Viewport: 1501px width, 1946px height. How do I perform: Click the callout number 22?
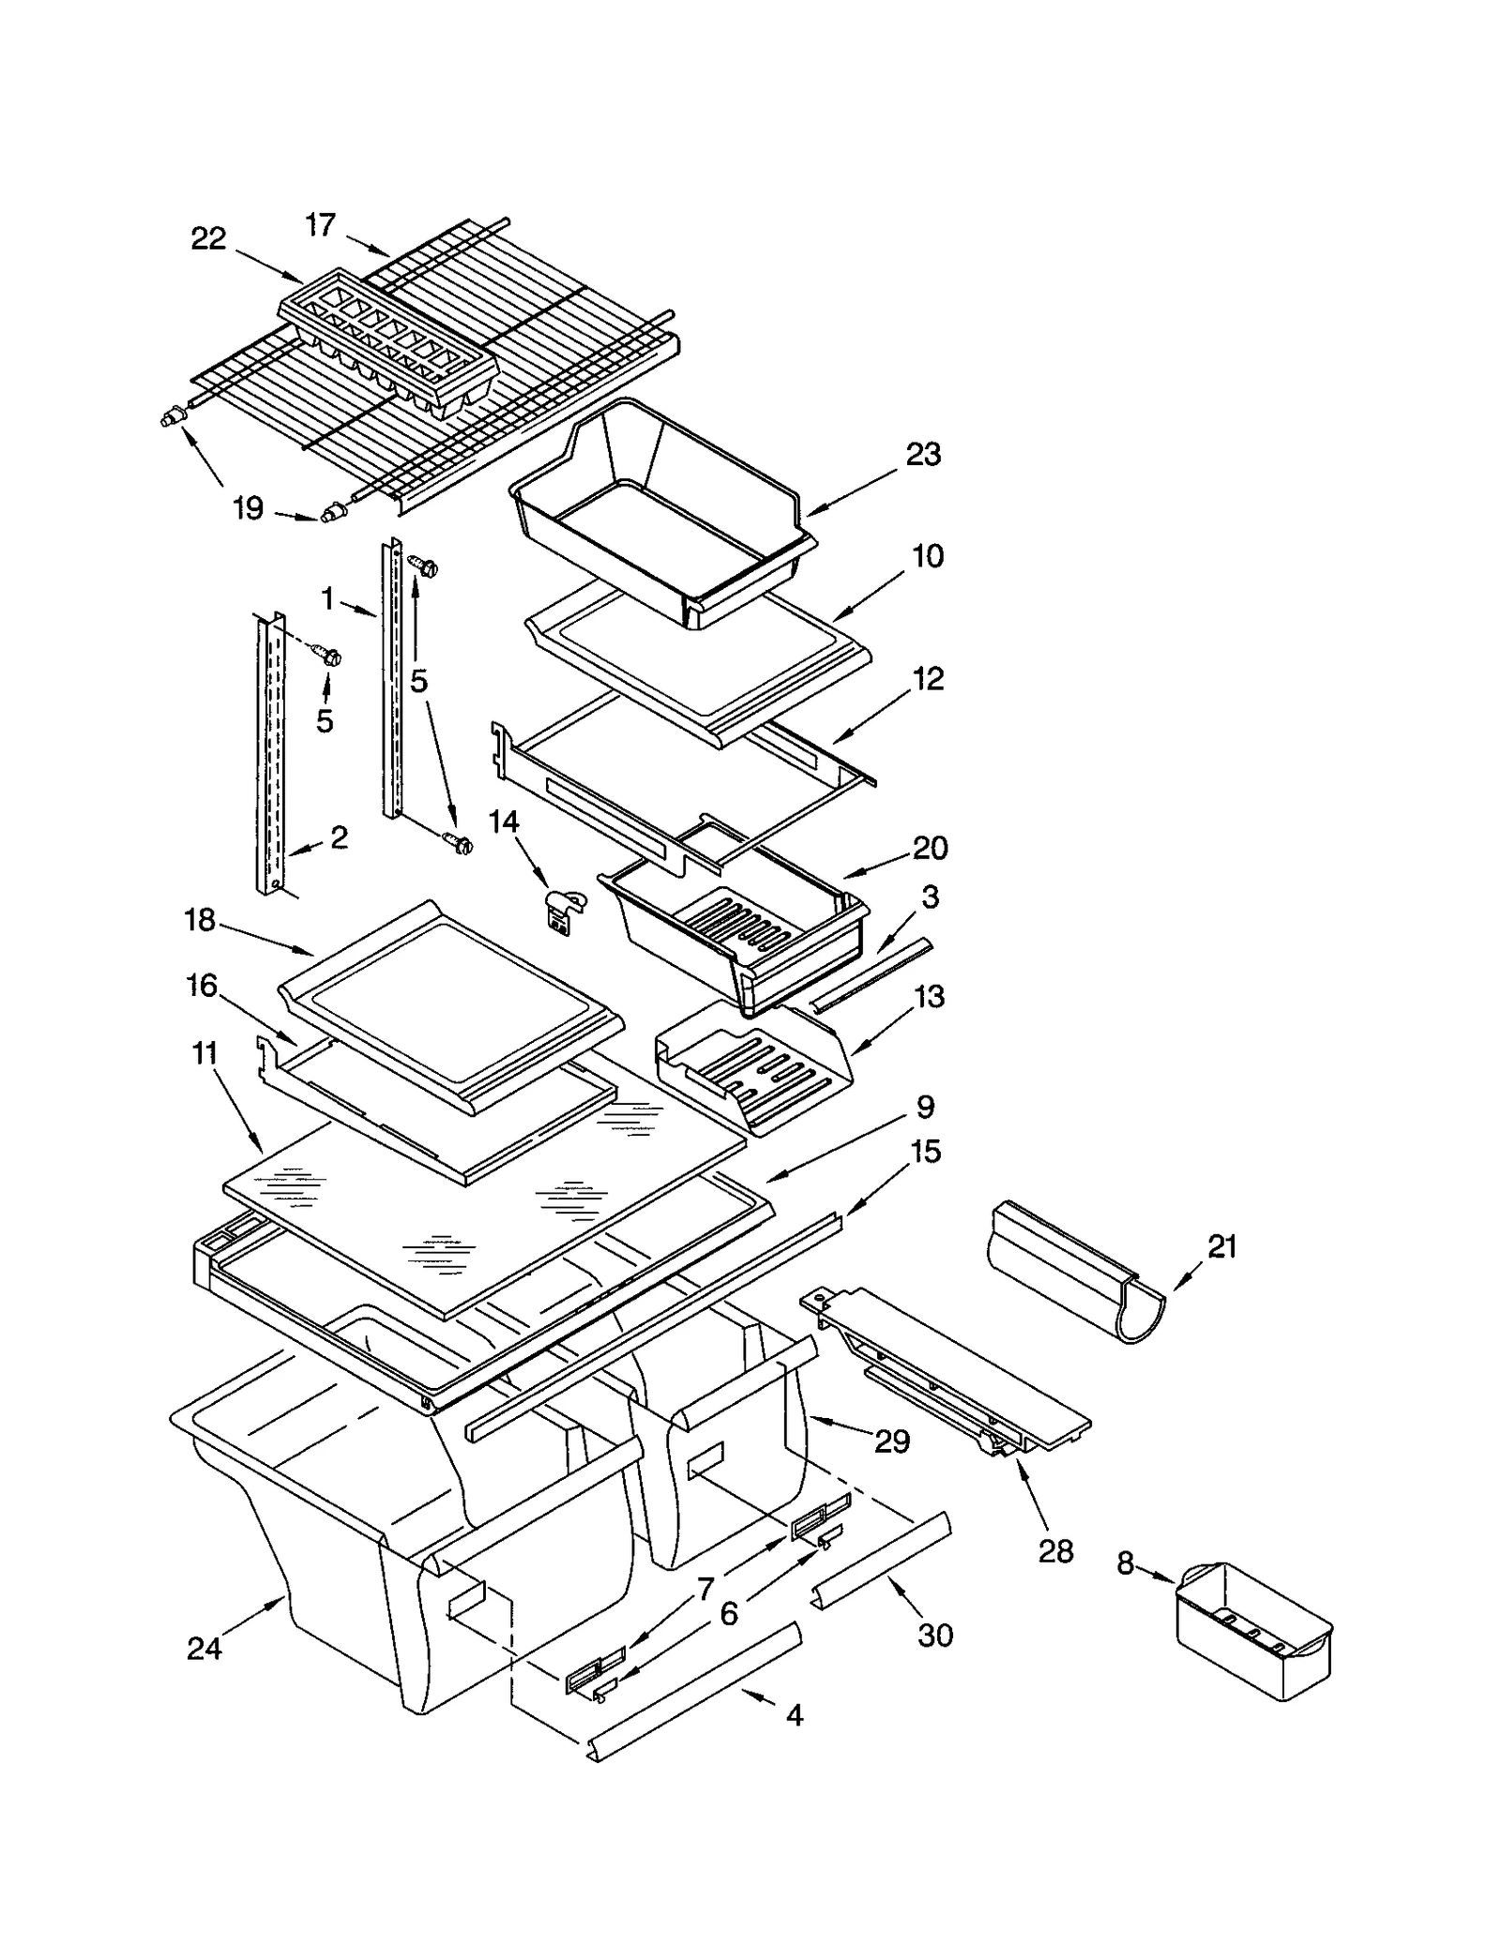coord(208,239)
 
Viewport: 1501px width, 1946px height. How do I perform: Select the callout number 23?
coord(923,455)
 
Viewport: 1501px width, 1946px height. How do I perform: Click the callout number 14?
coord(504,822)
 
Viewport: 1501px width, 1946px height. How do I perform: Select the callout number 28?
coord(1055,1551)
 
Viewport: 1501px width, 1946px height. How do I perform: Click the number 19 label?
coord(248,509)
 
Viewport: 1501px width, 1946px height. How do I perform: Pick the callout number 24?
coord(204,1647)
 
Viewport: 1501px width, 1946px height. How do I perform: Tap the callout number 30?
coord(935,1635)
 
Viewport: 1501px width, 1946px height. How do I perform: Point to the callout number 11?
coord(205,1054)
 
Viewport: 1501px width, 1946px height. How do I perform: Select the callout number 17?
coord(320,225)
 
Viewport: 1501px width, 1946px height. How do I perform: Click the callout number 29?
coord(892,1441)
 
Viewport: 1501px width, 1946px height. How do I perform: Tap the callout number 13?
coord(929,997)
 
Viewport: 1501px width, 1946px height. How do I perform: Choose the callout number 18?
coord(200,921)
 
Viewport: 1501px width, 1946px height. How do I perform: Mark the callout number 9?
coord(925,1107)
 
